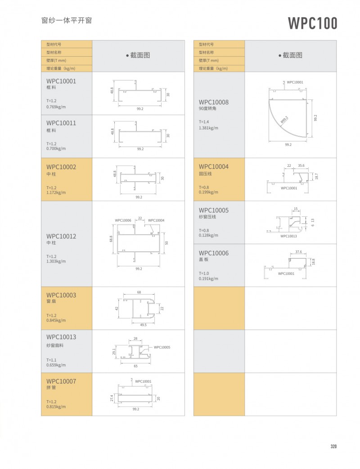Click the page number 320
point(333,447)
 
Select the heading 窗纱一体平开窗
point(67,21)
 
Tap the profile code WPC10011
point(61,123)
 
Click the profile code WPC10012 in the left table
point(61,236)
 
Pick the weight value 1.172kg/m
point(56,192)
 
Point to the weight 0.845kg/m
point(56,321)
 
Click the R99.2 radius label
point(284,120)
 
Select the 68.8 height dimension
point(111,240)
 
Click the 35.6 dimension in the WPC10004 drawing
point(301,165)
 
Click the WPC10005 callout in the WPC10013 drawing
point(162,347)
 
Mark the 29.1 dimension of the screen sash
point(114,352)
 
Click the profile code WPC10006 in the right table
point(213,253)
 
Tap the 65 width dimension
point(135,366)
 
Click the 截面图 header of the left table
point(138,55)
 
